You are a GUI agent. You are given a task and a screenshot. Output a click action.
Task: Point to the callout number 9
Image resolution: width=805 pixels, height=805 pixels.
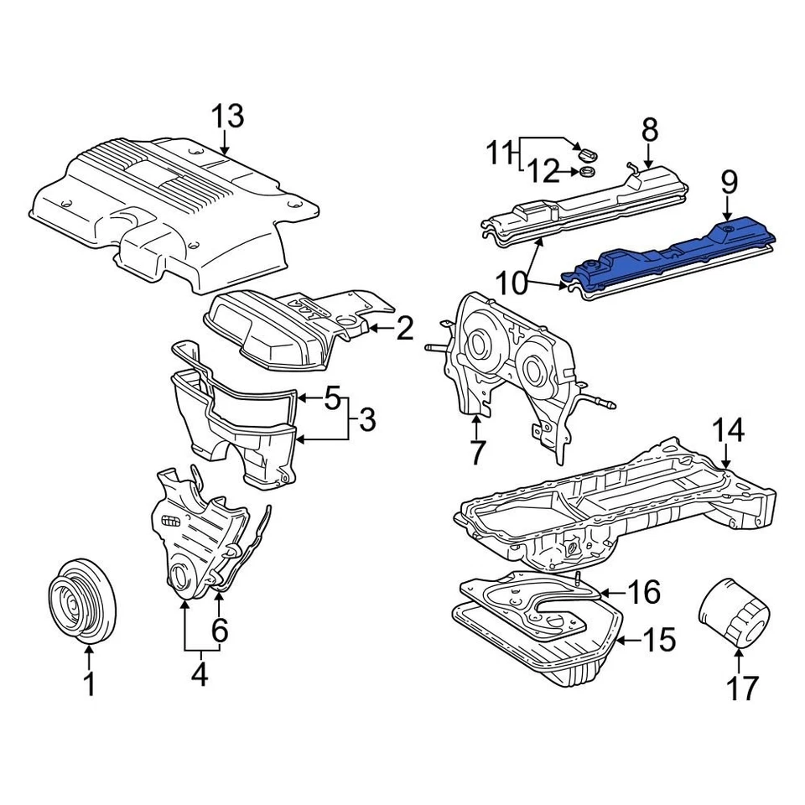point(728,181)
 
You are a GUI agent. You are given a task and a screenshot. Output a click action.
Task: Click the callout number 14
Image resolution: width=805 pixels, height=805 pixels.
point(728,431)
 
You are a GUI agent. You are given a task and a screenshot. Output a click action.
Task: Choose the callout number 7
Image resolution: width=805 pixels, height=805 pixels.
point(477,453)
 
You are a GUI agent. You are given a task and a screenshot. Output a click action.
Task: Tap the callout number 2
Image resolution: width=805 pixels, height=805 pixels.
point(404,329)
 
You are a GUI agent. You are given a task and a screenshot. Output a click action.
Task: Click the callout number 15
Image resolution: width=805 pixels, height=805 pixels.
point(658,641)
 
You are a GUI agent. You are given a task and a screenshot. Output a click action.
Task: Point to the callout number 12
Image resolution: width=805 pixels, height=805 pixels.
point(543,172)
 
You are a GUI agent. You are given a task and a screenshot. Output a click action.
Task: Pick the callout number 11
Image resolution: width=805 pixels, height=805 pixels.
point(501,153)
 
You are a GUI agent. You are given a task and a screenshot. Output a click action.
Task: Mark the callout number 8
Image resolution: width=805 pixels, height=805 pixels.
point(650,130)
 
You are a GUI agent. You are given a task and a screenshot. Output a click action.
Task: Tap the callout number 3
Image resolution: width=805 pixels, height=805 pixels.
point(366,419)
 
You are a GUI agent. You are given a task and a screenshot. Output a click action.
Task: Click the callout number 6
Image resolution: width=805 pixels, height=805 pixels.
point(219,631)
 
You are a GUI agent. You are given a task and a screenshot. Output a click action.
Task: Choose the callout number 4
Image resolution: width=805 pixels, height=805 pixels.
point(199,674)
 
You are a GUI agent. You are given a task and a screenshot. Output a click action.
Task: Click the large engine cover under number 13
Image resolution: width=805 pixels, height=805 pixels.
point(168,210)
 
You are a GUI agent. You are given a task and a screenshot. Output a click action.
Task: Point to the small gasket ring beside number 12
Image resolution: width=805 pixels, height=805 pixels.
point(587,172)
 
